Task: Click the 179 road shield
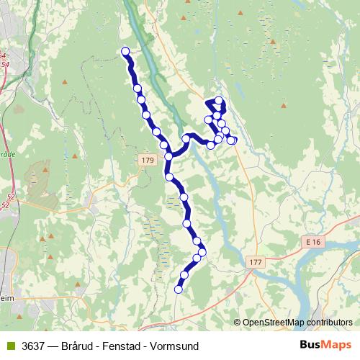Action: pos(148,159)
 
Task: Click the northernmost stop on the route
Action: pos(125,51)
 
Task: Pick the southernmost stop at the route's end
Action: pos(179,289)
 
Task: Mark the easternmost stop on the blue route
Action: pos(232,140)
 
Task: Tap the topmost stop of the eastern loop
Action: pos(219,101)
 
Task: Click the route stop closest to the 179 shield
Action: pos(168,156)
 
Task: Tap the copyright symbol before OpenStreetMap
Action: pos(238,323)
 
